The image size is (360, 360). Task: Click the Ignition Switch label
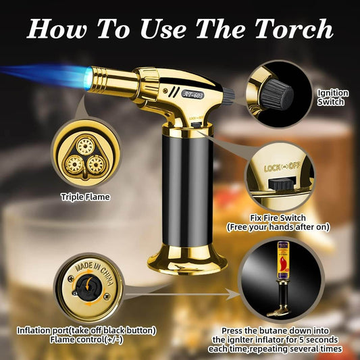[334, 97]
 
